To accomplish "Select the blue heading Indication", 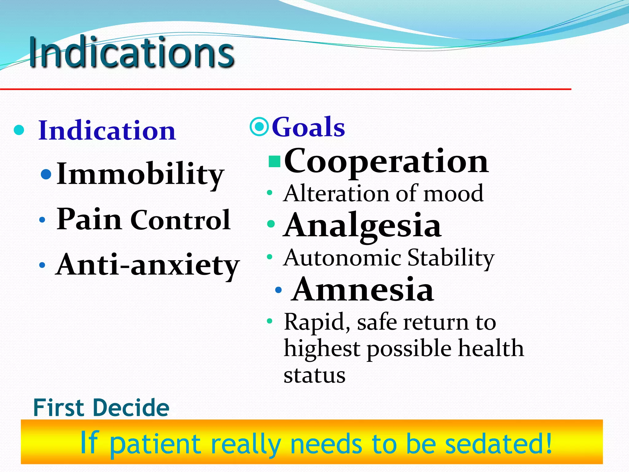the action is coord(107,130).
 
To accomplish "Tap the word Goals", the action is coord(308,127).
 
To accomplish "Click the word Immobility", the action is coord(140,174).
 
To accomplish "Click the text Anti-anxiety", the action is coord(147,265).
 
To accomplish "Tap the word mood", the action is coord(454,193).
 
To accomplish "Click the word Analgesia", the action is coord(362,226).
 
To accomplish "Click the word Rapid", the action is coord(317,322).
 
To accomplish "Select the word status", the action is coord(314,375).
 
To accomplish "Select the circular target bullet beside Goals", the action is coord(260,127).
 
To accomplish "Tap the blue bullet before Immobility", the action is coord(46,175).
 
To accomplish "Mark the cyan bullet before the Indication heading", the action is coord(19,130).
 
